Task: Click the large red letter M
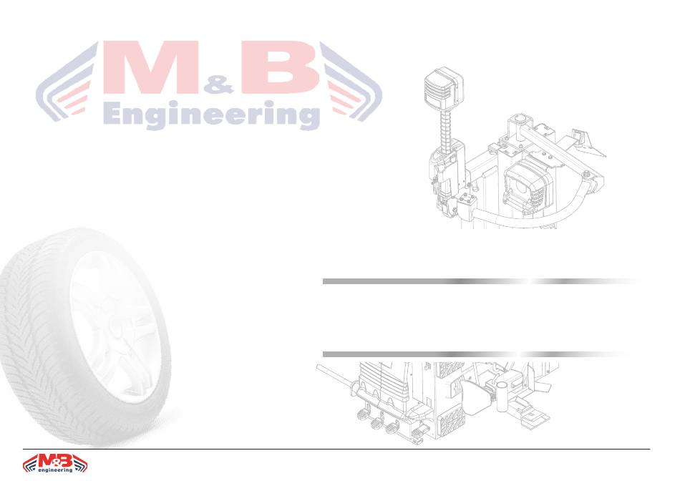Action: click(x=151, y=67)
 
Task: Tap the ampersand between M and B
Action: click(x=219, y=85)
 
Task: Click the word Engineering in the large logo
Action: click(x=212, y=115)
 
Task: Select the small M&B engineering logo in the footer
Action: click(x=54, y=463)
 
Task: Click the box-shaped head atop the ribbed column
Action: click(x=443, y=89)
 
